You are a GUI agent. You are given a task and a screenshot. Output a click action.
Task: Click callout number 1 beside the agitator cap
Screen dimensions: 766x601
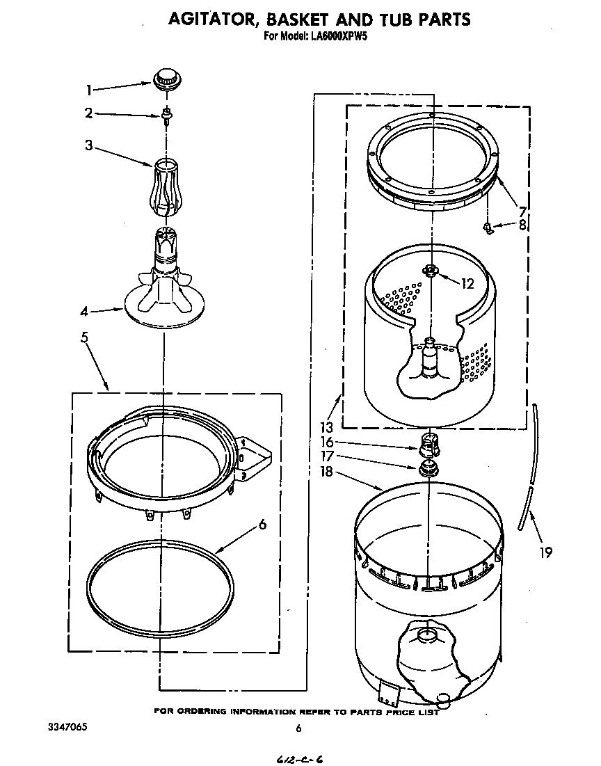tap(89, 89)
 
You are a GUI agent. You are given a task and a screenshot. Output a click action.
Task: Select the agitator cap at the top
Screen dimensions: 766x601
tap(165, 79)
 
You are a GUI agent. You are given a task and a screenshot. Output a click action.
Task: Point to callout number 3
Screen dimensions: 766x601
tap(89, 145)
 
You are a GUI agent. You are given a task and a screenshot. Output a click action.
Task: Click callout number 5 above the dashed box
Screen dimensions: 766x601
tap(84, 338)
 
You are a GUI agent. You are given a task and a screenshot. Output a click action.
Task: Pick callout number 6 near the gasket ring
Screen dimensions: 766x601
tap(262, 525)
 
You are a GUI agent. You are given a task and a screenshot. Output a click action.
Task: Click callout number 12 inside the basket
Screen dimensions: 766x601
tap(467, 283)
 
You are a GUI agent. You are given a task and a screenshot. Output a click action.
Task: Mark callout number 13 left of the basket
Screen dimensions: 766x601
tap(327, 426)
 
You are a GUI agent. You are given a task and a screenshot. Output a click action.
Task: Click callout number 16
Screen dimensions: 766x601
tap(327, 442)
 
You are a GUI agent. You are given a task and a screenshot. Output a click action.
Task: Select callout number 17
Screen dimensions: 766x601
tap(327, 456)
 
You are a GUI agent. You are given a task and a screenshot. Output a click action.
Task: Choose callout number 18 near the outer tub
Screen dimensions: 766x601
tap(327, 472)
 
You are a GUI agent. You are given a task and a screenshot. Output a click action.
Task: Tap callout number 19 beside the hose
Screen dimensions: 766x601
tap(545, 552)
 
